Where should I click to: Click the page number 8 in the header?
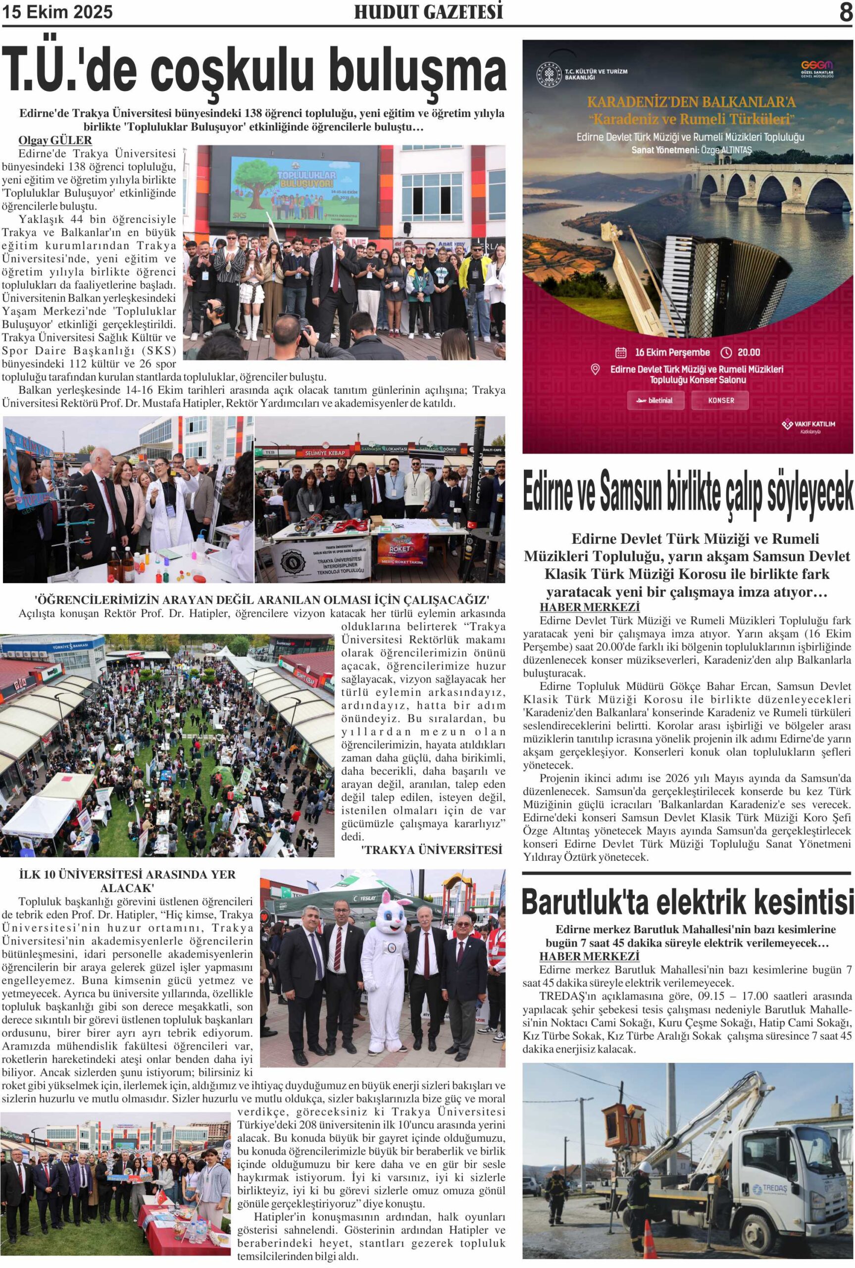click(x=845, y=12)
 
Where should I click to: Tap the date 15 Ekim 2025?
click(x=57, y=12)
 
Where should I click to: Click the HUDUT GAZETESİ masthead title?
click(x=428, y=12)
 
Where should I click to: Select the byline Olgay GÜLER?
click(x=55, y=141)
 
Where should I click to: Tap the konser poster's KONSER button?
click(x=720, y=400)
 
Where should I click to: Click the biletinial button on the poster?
click(x=656, y=400)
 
